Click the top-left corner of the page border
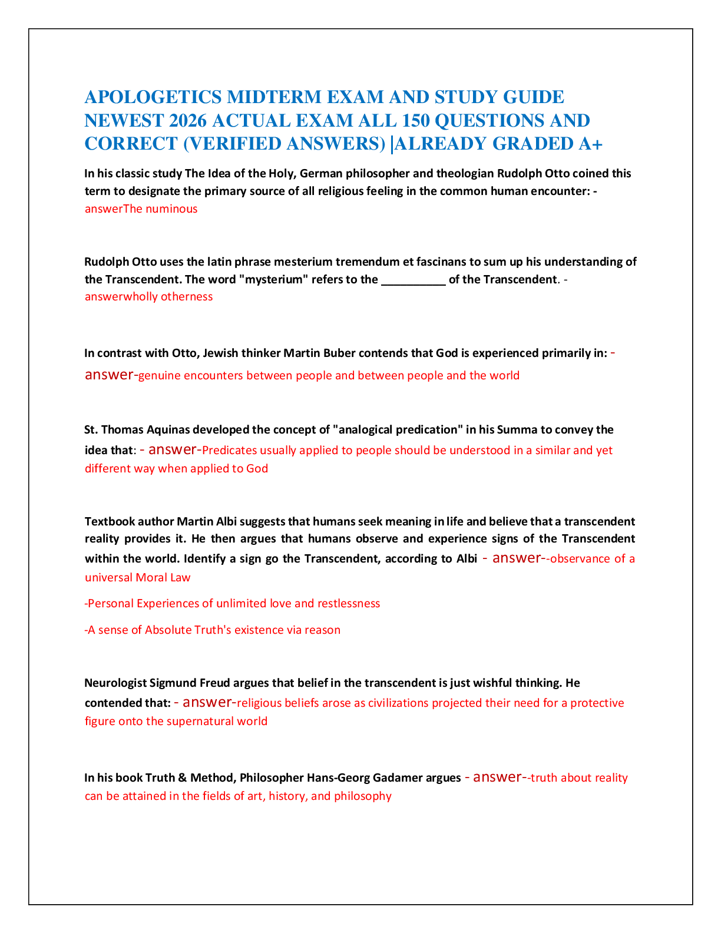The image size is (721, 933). [29, 29]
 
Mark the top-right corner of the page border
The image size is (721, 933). [692, 29]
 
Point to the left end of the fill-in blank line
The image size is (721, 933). [382, 284]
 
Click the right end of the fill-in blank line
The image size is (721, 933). [446, 284]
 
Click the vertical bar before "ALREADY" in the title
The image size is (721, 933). [392, 144]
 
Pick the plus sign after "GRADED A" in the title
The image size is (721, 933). [597, 144]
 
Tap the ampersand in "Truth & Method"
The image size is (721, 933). [182, 777]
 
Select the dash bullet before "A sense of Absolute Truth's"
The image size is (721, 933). [87, 630]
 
